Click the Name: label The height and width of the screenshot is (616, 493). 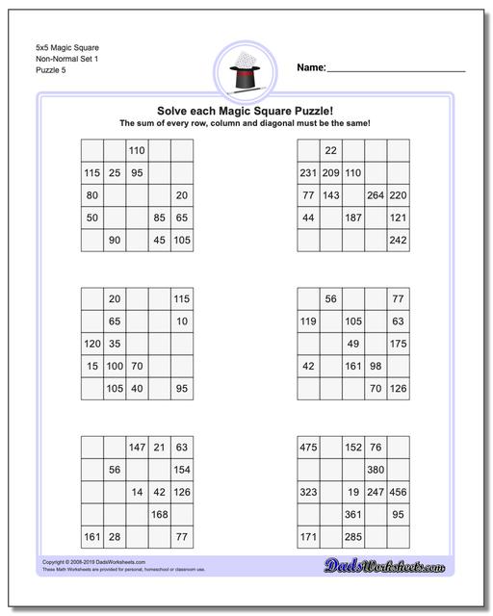(x=311, y=67)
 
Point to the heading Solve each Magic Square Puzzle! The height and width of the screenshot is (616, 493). (x=246, y=111)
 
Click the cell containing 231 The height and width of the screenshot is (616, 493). (x=308, y=173)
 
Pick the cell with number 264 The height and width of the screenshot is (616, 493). (x=376, y=195)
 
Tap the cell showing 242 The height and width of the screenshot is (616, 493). (x=398, y=241)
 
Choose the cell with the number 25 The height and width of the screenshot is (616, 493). (x=114, y=173)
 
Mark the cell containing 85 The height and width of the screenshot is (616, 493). (x=159, y=218)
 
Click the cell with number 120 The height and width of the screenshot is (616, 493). (x=92, y=344)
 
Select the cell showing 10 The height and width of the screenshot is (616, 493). (x=182, y=321)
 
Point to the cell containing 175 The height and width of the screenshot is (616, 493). (x=398, y=344)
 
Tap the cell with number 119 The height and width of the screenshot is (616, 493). (x=308, y=321)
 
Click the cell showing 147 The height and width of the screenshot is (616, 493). (x=137, y=448)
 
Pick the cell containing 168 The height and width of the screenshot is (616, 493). (x=159, y=515)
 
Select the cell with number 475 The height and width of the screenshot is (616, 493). (x=308, y=448)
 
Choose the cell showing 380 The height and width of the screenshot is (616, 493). (x=376, y=470)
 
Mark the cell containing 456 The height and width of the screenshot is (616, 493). (x=398, y=492)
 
